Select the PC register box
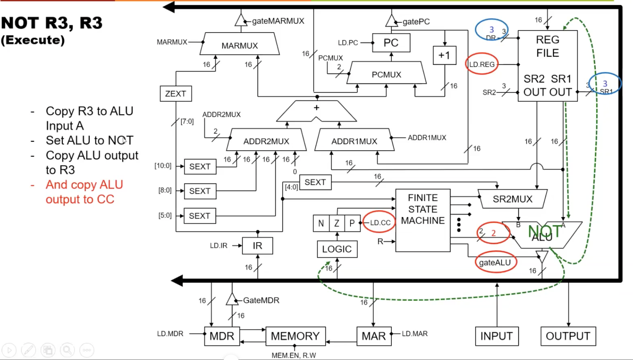tap(391, 42)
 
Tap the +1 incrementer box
tap(444, 55)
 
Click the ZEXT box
tap(175, 93)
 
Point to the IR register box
tap(257, 246)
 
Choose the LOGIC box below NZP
tap(337, 249)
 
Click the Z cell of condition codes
tap(337, 223)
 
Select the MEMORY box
tap(295, 336)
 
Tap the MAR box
tap(373, 336)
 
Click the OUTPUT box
tap(568, 336)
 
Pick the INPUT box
tap(496, 336)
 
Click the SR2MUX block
tap(512, 199)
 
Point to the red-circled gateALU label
tap(495, 263)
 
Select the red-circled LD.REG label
tap(482, 65)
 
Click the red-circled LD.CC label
tap(380, 222)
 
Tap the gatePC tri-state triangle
tap(391, 21)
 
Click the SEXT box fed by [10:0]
tap(200, 166)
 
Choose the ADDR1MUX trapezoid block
tap(354, 141)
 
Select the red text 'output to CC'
tap(80, 199)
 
